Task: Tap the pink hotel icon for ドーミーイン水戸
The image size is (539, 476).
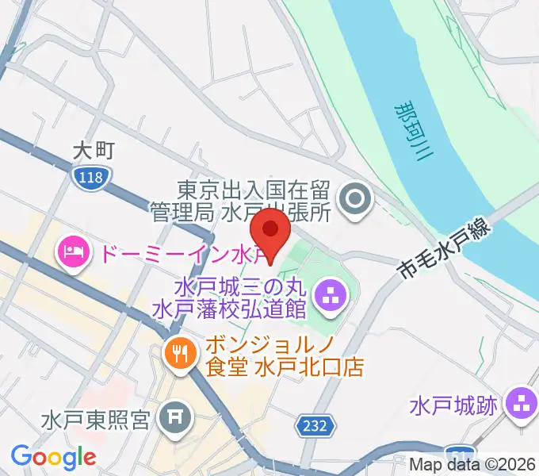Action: point(72,255)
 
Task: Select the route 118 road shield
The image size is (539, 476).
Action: point(90,177)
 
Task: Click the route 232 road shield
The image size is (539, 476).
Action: point(314,426)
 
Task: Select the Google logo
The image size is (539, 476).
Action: point(53,457)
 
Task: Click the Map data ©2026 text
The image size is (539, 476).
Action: point(472,463)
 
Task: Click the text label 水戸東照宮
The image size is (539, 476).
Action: point(96,418)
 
